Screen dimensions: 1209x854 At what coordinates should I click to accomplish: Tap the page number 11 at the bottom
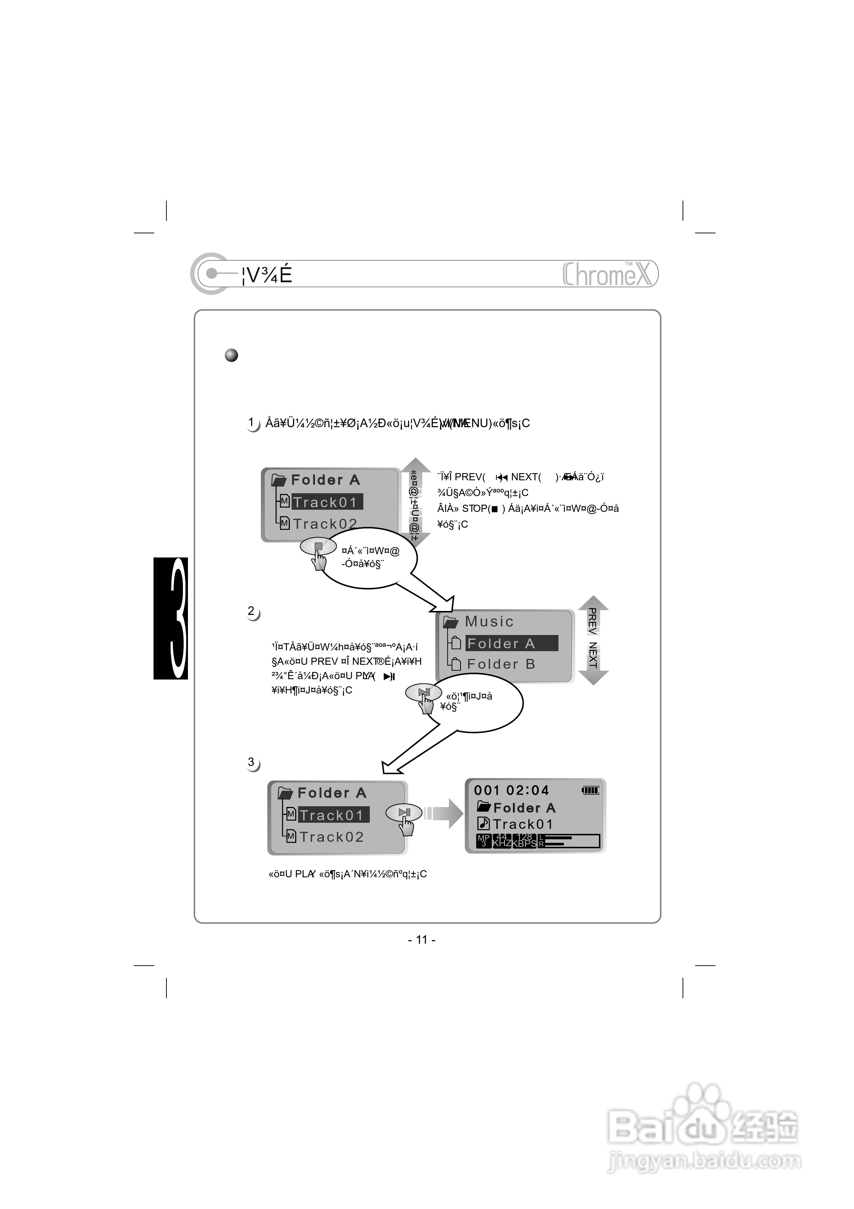click(421, 940)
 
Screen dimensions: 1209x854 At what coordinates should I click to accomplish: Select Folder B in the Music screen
click(501, 664)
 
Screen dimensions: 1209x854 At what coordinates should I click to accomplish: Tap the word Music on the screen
click(489, 621)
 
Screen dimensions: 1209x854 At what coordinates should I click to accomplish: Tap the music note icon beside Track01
click(483, 823)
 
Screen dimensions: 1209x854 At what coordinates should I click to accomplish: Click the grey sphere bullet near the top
click(231, 355)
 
